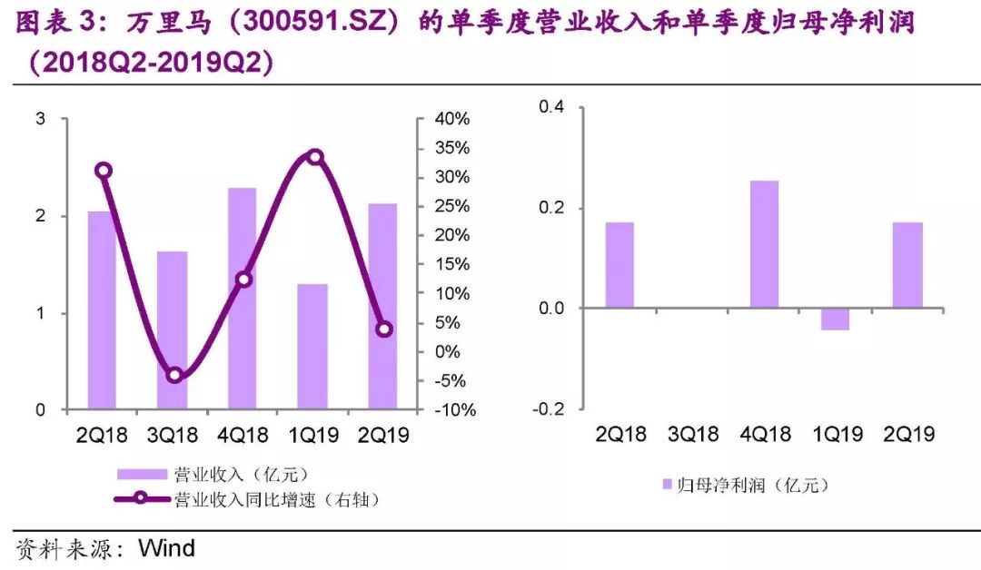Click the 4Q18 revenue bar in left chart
[x=242, y=300]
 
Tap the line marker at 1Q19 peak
[x=315, y=157]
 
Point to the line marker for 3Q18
[x=175, y=375]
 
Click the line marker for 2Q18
[x=104, y=171]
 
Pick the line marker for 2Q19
[x=384, y=329]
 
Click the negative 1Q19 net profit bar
[x=835, y=319]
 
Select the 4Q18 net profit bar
[x=764, y=244]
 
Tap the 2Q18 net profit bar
[x=619, y=265]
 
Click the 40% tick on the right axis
[x=451, y=119]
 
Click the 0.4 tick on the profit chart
[x=551, y=107]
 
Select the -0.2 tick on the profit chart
[x=548, y=409]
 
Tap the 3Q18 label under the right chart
[x=693, y=435]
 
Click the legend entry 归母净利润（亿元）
[x=745, y=486]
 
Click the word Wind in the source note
[x=166, y=548]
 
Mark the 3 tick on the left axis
[x=41, y=119]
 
